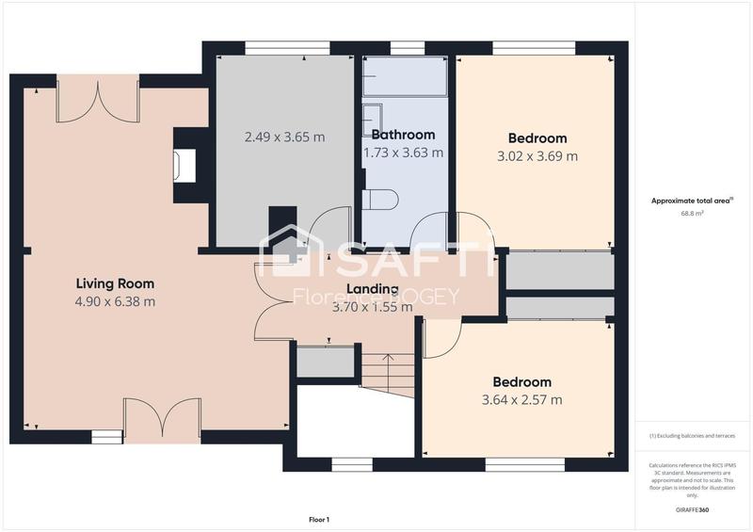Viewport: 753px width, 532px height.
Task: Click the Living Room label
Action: pos(115,283)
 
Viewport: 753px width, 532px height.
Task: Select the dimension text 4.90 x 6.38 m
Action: pos(115,301)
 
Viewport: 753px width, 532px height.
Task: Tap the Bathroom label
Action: pos(403,135)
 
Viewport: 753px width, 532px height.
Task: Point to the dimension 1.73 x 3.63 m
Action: pos(403,152)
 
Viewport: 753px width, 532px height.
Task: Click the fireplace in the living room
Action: pos(183,166)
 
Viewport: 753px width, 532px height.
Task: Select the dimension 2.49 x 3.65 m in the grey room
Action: pos(284,137)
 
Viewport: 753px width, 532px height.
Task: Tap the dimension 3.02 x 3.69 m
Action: pos(537,156)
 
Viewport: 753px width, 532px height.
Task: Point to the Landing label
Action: pos(372,289)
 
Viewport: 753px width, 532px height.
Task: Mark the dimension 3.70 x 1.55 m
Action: pos(372,306)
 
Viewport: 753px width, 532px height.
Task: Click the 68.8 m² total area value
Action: pos(693,214)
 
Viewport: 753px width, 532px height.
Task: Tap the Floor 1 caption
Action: pos(319,519)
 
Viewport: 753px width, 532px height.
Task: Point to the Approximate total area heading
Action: pos(692,201)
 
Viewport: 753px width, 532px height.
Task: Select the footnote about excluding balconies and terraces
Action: pos(693,436)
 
